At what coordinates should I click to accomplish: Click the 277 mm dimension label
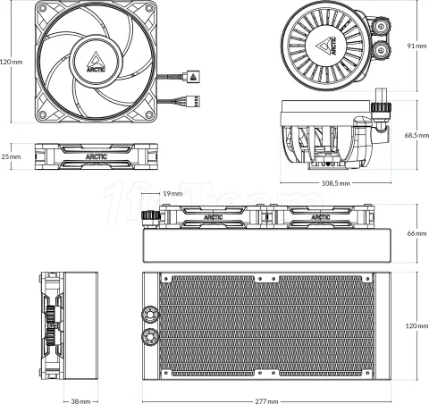[266, 400]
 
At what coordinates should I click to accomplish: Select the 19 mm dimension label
[172, 193]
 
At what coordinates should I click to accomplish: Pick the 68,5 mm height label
[416, 135]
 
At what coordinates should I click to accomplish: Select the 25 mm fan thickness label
[10, 156]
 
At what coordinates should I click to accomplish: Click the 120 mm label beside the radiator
[416, 326]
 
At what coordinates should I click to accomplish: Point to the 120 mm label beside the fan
[10, 62]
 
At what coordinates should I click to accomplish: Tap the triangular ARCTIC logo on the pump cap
[324, 44]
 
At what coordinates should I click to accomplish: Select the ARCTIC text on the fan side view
[97, 156]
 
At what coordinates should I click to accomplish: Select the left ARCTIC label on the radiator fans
[214, 217]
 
